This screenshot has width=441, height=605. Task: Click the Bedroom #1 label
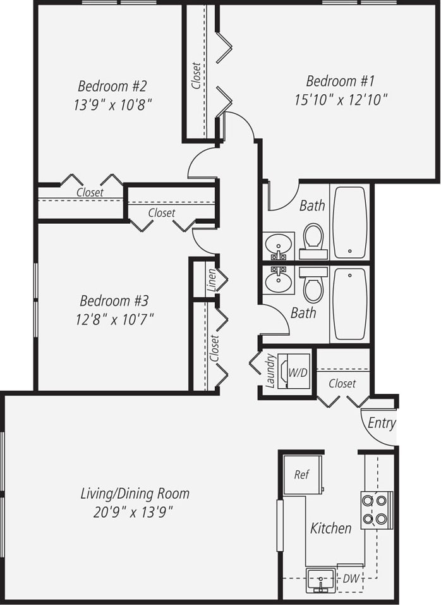(340, 81)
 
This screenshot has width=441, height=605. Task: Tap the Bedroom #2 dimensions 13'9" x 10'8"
(112, 104)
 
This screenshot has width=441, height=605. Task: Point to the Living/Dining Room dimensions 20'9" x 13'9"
(134, 511)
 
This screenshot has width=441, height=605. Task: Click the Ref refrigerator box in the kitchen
(302, 475)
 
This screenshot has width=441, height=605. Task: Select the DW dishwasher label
(349, 578)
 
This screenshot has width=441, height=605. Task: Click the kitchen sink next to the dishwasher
(321, 579)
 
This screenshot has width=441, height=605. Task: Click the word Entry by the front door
(381, 423)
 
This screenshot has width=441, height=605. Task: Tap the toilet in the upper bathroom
(313, 240)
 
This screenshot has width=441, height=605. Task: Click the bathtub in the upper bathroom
(349, 222)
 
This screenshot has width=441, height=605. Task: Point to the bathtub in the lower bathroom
(349, 303)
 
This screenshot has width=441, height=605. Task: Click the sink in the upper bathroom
(278, 244)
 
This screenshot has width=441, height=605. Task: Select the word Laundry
(270, 370)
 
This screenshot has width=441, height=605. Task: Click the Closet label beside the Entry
(342, 383)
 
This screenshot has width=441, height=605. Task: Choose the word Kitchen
(330, 528)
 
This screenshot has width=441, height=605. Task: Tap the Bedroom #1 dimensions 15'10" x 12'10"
(340, 99)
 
